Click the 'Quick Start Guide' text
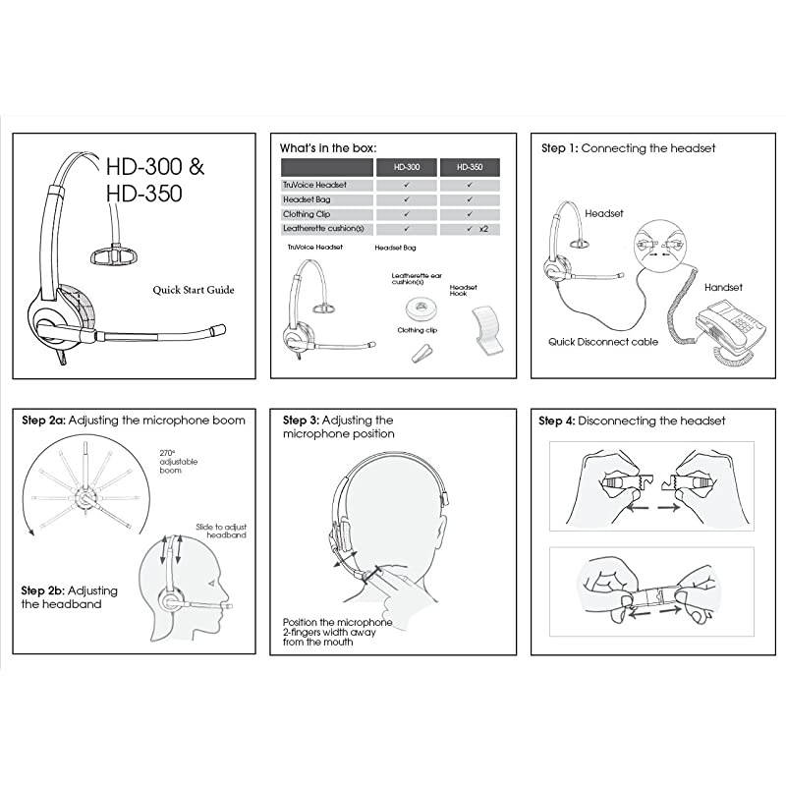(x=194, y=290)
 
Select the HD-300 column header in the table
(x=407, y=167)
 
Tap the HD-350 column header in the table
(x=470, y=167)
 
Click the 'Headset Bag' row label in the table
(x=308, y=199)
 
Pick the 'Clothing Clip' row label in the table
(x=309, y=214)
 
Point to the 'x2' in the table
(x=483, y=229)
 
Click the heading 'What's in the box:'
(x=328, y=146)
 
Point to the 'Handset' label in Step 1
(x=722, y=288)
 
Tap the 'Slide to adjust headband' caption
(x=221, y=531)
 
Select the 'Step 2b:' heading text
(x=44, y=590)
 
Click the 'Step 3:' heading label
(x=306, y=420)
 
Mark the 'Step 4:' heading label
(x=556, y=421)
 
